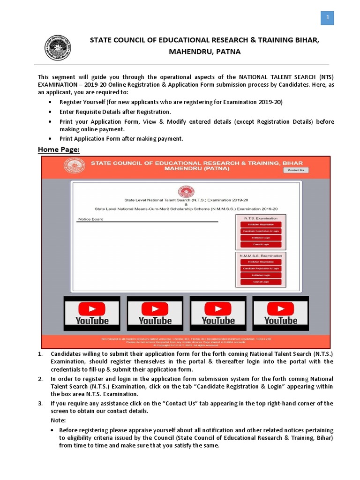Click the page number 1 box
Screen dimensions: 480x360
coord(327,18)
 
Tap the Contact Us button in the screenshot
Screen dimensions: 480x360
coord(296,170)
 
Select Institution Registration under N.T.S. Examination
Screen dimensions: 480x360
coord(261,225)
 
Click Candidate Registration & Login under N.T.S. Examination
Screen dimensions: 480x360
coord(261,231)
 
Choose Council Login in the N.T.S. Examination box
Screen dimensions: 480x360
coord(261,244)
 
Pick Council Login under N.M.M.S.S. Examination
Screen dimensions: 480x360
coord(261,282)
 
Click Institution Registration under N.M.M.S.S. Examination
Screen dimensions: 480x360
coord(261,262)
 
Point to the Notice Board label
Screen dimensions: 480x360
coord(90,219)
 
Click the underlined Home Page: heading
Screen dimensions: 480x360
coord(59,150)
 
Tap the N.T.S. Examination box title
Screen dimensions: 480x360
coord(261,218)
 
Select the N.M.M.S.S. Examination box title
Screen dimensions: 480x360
coord(261,255)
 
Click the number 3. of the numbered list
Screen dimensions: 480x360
coord(40,403)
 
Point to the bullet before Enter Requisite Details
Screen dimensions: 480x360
coord(51,112)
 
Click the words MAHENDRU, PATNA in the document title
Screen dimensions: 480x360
coord(205,52)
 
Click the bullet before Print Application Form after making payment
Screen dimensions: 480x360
coord(51,139)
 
